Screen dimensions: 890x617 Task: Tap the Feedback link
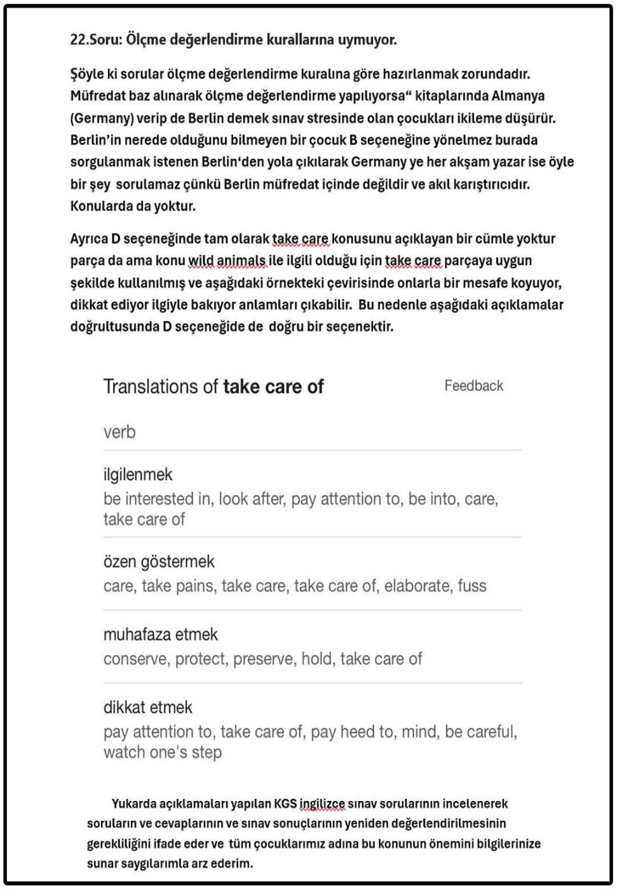click(473, 386)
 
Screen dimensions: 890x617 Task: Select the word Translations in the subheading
click(160, 387)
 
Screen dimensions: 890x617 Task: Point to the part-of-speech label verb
click(119, 432)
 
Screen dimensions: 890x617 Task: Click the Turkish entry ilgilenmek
click(138, 474)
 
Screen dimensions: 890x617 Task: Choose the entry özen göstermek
click(159, 561)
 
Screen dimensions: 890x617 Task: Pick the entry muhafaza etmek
click(160, 634)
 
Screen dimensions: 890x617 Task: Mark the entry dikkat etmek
click(147, 707)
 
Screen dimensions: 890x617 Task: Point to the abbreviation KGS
click(285, 804)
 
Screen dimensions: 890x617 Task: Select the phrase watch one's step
click(163, 753)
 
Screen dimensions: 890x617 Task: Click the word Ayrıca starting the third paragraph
click(89, 239)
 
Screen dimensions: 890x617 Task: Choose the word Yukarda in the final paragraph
click(133, 804)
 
